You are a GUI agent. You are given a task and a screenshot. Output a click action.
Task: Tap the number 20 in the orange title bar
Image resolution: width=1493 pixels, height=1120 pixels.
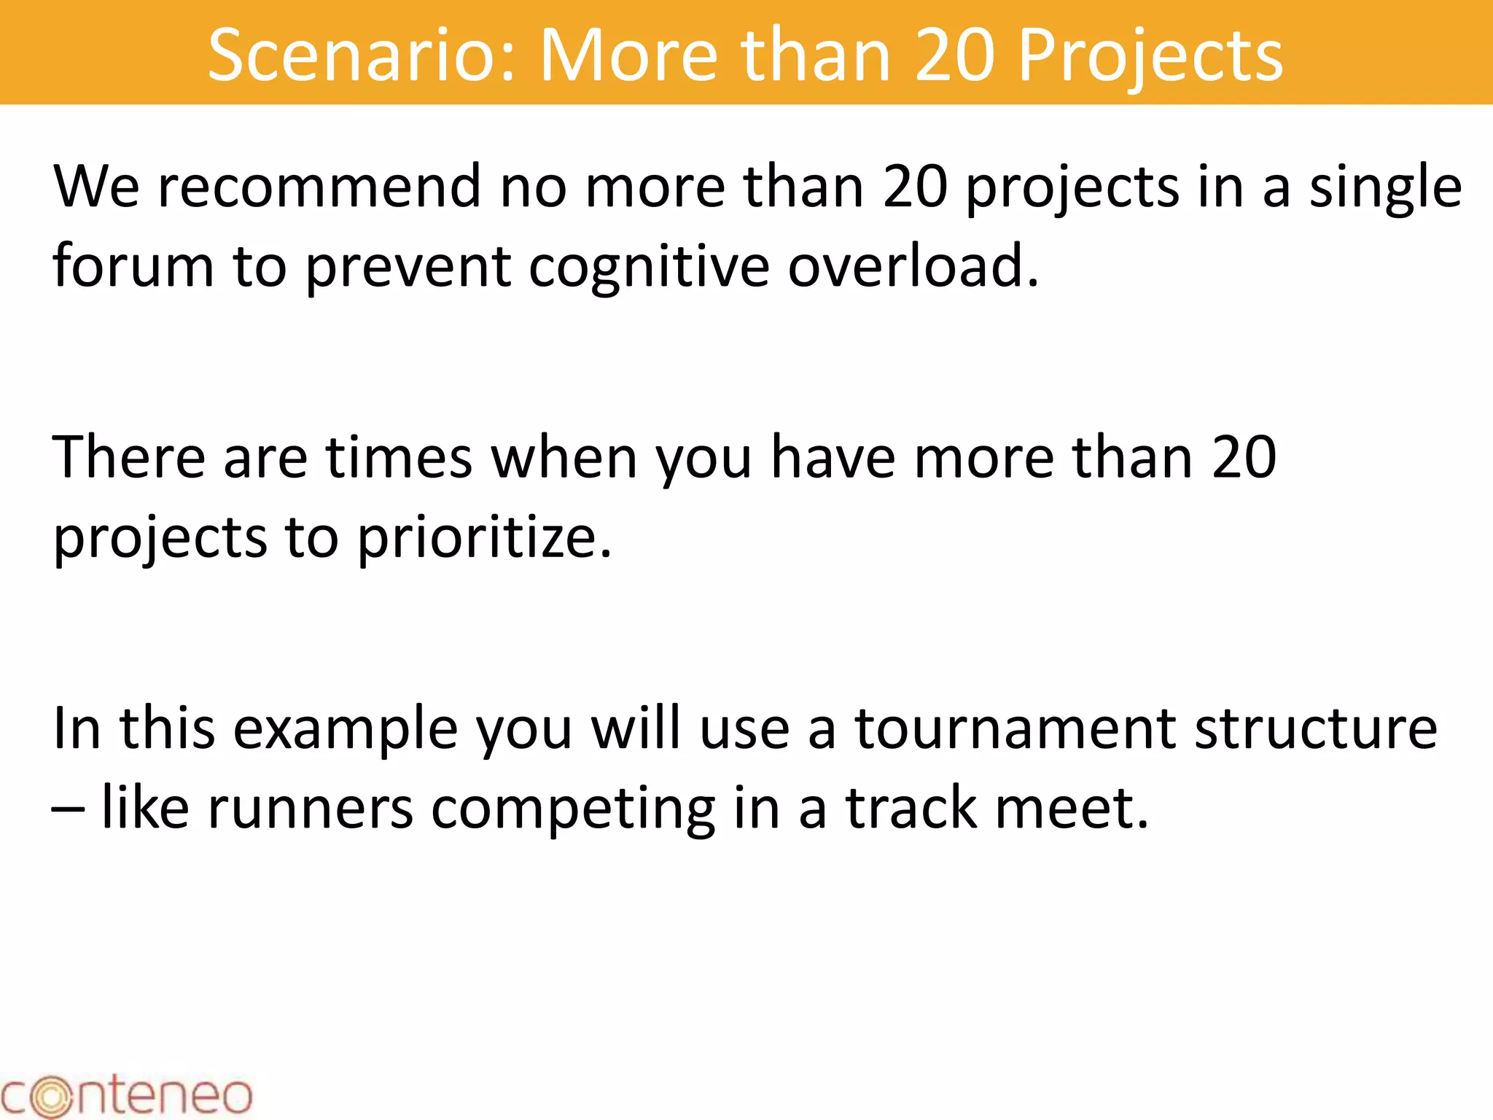click(x=954, y=55)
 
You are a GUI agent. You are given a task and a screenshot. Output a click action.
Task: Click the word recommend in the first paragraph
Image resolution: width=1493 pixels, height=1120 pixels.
click(x=319, y=187)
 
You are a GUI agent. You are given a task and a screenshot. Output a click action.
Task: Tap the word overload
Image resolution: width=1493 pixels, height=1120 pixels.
click(x=913, y=266)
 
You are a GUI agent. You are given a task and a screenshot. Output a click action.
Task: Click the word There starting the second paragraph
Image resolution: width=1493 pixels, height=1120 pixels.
click(x=129, y=458)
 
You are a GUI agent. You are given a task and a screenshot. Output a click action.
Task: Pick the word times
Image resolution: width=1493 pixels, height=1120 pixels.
click(x=399, y=458)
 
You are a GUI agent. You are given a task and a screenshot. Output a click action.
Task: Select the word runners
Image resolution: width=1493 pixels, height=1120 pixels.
click(x=310, y=809)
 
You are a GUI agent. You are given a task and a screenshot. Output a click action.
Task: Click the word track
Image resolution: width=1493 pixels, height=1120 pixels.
click(x=911, y=808)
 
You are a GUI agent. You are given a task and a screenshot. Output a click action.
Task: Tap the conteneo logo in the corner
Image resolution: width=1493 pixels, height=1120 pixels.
click(x=125, y=1095)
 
